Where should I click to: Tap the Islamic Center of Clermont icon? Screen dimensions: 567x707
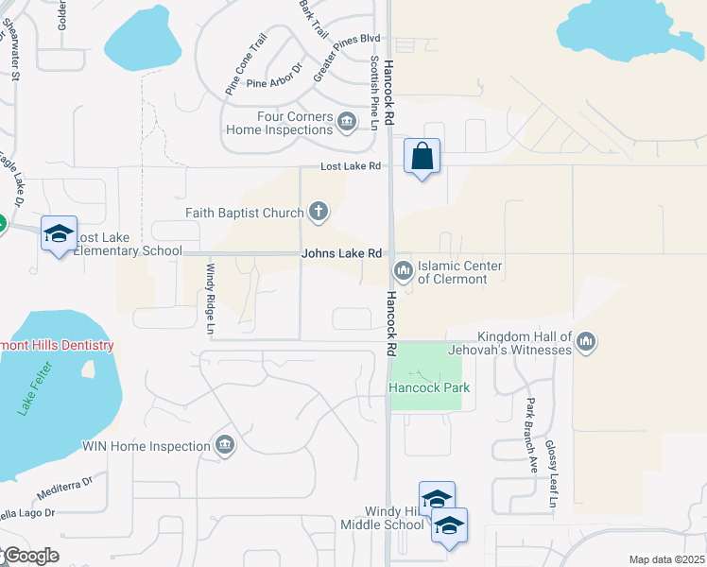pos(404,271)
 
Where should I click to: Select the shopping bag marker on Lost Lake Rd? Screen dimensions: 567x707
pos(422,157)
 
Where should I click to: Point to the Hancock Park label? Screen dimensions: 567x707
pos(429,388)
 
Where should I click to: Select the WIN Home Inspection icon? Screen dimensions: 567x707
pos(225,444)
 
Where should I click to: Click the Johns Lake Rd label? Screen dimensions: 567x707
pos(341,254)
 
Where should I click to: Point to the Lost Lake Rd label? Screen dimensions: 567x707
pos(350,166)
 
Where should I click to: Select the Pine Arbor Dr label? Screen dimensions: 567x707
pos(273,83)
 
